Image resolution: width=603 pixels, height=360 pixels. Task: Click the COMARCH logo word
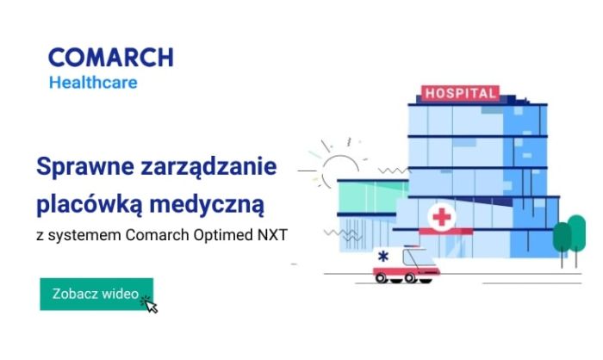(x=111, y=58)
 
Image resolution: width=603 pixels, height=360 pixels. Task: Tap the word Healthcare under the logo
(x=93, y=83)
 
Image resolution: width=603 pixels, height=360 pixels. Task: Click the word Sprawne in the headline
(x=85, y=167)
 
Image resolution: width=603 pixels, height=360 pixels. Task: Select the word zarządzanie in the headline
(x=208, y=167)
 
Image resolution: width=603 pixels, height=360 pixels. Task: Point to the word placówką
(x=90, y=204)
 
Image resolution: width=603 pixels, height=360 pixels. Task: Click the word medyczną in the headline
(x=207, y=205)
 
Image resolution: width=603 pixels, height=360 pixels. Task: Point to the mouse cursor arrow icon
(x=151, y=306)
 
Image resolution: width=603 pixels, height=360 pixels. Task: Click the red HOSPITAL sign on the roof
(x=460, y=94)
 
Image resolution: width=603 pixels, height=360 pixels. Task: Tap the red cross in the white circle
(x=442, y=217)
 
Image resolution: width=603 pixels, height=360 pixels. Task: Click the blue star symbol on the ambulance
(x=383, y=256)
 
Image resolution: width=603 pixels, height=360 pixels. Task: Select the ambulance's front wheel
(x=410, y=277)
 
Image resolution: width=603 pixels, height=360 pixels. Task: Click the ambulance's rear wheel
(x=381, y=277)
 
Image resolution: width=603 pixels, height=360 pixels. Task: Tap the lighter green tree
(x=577, y=233)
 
